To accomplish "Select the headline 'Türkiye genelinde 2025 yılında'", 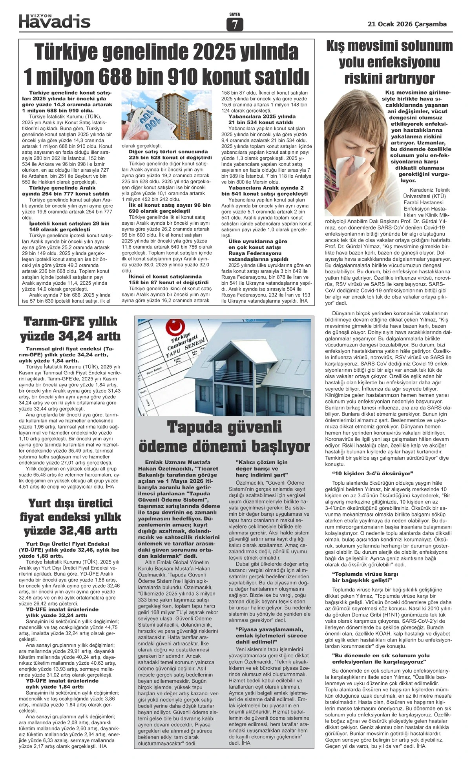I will [167, 52].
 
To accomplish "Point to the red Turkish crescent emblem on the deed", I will [173, 327].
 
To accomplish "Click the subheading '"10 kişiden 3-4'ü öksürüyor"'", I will [373, 473].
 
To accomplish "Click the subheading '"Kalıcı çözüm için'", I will [261, 462].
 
